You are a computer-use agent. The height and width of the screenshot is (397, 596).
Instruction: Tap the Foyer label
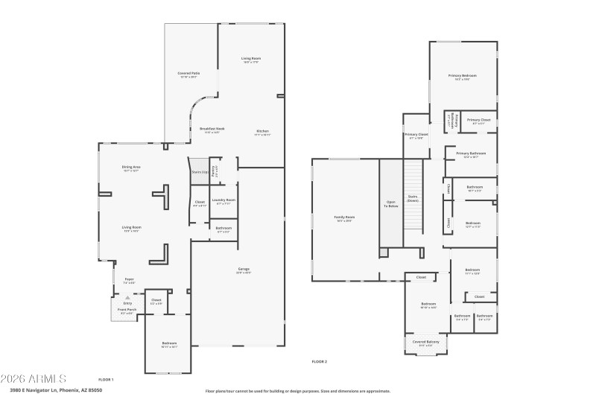(x=129, y=279)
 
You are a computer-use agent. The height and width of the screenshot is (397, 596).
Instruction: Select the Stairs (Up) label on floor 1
(x=198, y=171)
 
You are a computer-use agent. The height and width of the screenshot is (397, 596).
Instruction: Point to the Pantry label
(x=215, y=168)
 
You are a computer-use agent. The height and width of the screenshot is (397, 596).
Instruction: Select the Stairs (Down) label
(x=412, y=200)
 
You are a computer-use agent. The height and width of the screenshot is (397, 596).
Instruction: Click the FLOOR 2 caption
(x=320, y=361)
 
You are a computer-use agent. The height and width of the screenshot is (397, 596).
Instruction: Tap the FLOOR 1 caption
(x=106, y=379)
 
